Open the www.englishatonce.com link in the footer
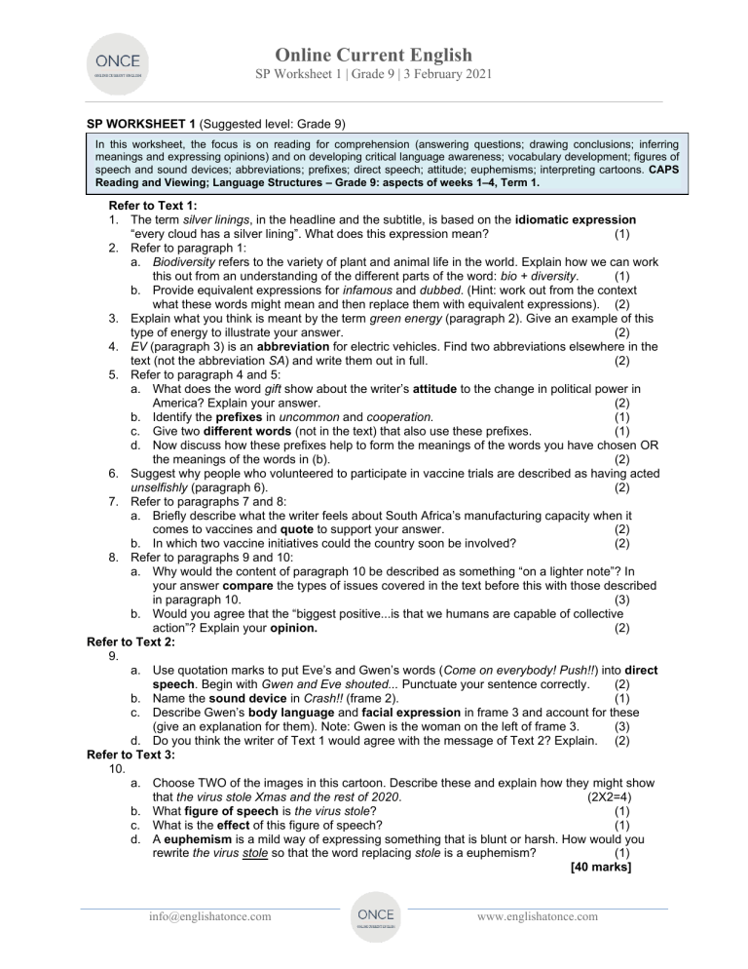click(539, 916)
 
